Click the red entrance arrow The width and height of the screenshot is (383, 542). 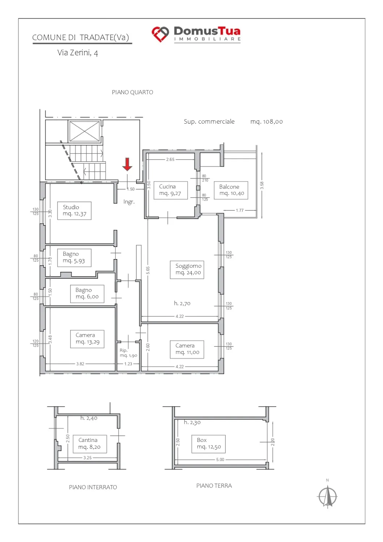127,164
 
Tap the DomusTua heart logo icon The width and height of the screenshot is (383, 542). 160,34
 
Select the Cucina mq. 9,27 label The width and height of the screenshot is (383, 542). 171,190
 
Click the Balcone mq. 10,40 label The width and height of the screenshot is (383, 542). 231,190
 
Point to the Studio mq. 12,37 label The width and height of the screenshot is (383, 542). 75,211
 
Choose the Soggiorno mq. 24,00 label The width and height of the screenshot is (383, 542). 187,270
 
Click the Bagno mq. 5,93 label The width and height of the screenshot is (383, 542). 75,258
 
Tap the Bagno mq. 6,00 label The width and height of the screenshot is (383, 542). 87,294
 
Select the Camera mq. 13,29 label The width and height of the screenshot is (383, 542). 87,339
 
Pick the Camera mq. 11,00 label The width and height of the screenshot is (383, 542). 187,349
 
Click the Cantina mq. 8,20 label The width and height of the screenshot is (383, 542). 90,444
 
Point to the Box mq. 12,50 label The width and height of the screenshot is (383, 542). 208,444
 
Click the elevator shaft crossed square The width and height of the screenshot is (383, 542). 85,131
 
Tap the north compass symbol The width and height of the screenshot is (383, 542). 327,496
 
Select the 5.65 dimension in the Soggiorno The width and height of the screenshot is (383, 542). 148,270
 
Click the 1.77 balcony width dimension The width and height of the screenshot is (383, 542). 239,211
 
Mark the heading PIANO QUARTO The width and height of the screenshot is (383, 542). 132,92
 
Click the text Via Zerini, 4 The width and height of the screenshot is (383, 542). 77,53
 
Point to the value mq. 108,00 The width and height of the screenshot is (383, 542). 267,121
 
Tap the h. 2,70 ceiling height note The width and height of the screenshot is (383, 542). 182,303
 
